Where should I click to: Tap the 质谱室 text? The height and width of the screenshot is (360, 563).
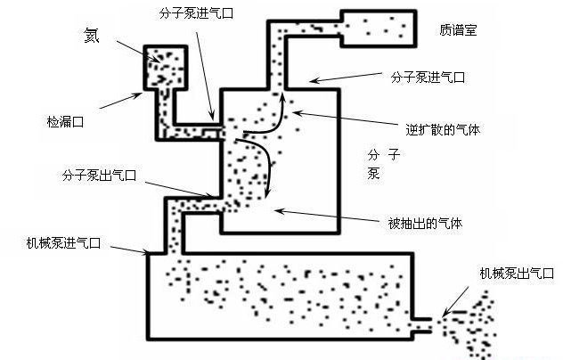[459, 29]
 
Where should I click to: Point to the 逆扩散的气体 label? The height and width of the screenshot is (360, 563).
[443, 128]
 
